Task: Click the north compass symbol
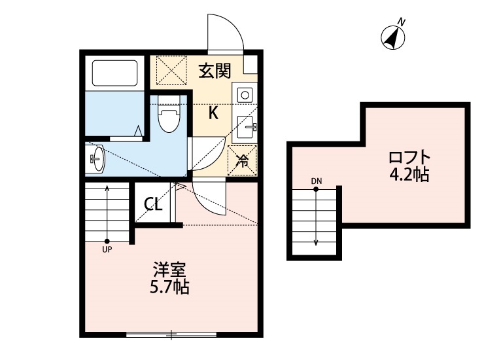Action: [394, 37]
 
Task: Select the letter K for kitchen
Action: [213, 113]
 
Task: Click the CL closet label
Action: [153, 205]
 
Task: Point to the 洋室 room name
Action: [171, 269]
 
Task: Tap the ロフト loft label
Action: [410, 158]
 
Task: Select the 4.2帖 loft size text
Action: [410, 175]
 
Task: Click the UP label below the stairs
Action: [107, 249]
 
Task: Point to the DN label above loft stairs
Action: [316, 181]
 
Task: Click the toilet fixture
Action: [169, 116]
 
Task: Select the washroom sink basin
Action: [97, 158]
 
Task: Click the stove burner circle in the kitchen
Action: [245, 95]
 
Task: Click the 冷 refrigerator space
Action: [241, 160]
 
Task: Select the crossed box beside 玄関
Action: [171, 71]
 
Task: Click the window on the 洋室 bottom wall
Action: [171, 335]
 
